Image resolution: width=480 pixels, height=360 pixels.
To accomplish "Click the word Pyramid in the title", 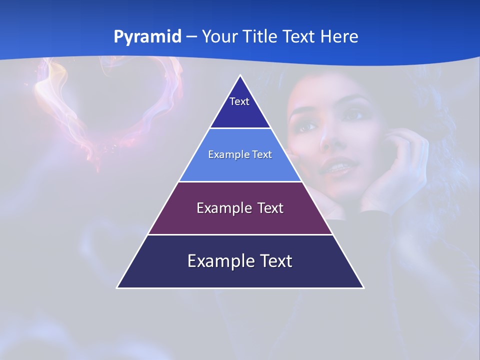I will [x=147, y=37].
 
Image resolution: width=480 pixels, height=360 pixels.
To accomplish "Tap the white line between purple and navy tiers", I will [x=240, y=234].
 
